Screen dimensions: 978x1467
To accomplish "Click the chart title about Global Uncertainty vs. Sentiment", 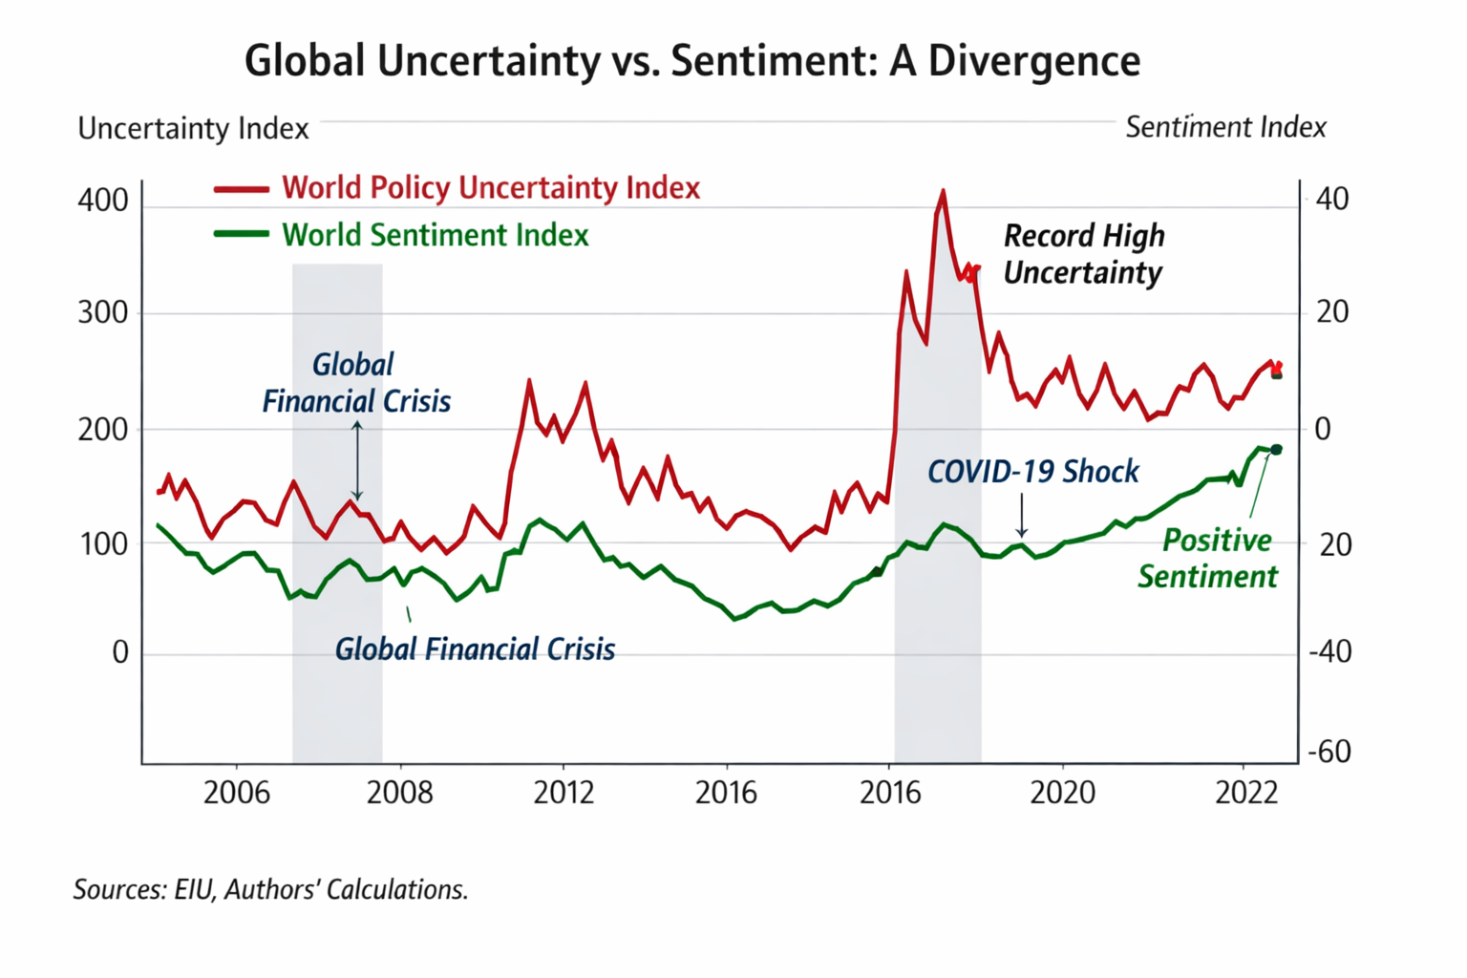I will coord(692,60).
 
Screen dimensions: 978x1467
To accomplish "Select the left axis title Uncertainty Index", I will coord(193,129).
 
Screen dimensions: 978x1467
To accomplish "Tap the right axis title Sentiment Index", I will coord(1225,127).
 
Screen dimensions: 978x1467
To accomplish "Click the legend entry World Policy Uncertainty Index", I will coord(490,188).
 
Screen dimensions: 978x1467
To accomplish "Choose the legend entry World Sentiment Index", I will coord(435,235).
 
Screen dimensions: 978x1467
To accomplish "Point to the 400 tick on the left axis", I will coord(103,201).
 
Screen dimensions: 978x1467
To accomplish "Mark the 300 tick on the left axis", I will coord(103,313).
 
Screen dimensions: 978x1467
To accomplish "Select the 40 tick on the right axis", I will coord(1332,200).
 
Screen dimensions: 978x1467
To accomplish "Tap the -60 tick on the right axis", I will coord(1329,752).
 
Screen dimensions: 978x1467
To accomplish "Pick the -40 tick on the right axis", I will coord(1329,651).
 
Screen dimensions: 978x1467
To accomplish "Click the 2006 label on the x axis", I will coord(236,793).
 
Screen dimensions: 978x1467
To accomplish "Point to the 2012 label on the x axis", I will coord(563,793).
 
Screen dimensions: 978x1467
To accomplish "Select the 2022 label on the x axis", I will coord(1245,793).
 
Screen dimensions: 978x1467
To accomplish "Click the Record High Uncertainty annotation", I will coord(1084,254).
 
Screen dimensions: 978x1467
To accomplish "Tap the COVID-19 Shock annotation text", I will coord(1033,472).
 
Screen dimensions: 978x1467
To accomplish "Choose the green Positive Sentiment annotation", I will coord(1208,559).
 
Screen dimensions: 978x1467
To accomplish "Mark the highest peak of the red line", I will coord(943,191).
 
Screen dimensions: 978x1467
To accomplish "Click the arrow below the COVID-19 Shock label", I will coord(1022,516).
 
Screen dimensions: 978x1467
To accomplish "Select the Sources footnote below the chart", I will coord(271,890).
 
